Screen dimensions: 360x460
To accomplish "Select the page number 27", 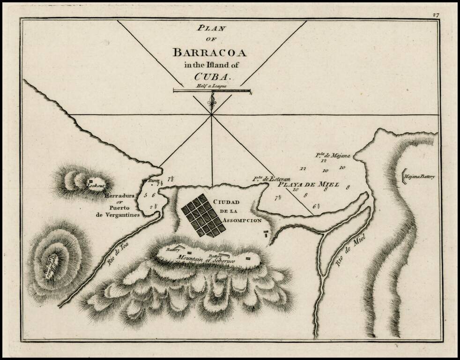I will (x=436, y=15).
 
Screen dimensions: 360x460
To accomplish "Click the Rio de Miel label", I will (x=347, y=255).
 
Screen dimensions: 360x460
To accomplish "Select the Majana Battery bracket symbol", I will (x=404, y=177).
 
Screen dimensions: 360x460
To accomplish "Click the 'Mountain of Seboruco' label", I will (x=200, y=258).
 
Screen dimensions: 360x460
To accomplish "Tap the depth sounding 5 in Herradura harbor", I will (x=146, y=195).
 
